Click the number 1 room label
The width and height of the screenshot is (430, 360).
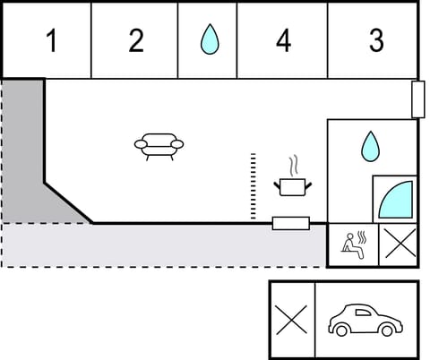51,41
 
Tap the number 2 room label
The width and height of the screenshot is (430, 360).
135,41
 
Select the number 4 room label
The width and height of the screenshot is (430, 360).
283,41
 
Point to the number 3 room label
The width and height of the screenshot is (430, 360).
376,41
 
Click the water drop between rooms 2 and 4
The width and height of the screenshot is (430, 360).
209,39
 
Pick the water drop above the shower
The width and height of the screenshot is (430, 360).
370,146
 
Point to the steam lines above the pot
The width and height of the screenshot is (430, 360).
293,166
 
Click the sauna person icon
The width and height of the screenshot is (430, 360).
353,244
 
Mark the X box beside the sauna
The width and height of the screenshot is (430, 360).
399,244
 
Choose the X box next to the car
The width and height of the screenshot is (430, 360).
292,320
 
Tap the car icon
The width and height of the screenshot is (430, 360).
364,320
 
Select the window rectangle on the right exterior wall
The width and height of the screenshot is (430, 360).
417,99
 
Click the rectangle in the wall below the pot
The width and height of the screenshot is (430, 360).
290,223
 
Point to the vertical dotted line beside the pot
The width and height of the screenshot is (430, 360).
254,186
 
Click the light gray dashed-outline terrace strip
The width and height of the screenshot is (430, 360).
161,244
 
